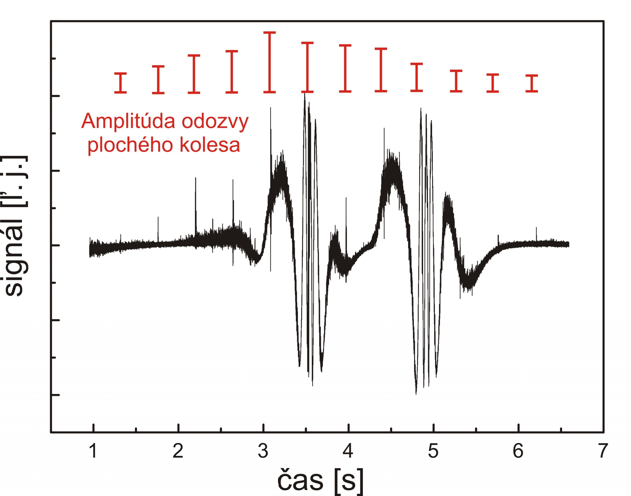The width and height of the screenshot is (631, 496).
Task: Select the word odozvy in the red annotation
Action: click(x=215, y=122)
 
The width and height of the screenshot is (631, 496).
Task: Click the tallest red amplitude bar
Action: click(x=269, y=62)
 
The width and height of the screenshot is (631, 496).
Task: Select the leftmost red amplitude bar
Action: click(x=121, y=83)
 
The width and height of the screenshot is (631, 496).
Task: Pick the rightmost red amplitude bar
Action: click(x=532, y=83)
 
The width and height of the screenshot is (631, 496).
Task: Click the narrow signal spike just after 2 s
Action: click(x=195, y=203)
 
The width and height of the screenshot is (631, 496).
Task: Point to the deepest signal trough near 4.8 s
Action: click(x=416, y=392)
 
